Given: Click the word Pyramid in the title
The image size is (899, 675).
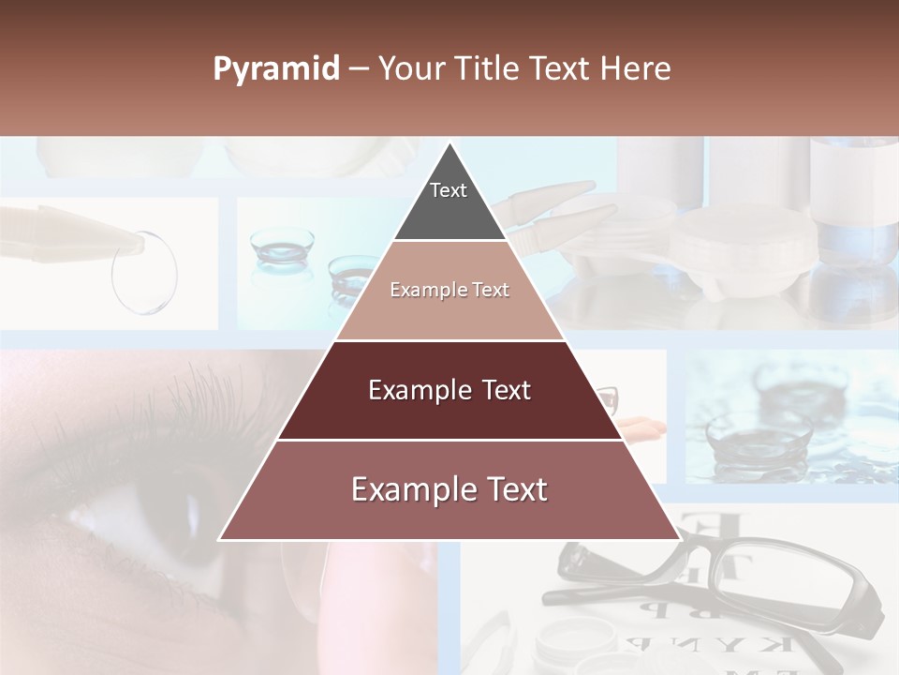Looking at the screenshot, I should pyautogui.click(x=275, y=69).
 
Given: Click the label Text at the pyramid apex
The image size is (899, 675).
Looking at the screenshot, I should pyautogui.click(x=449, y=190).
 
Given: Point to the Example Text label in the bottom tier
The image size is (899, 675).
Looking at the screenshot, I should pyautogui.click(x=449, y=489).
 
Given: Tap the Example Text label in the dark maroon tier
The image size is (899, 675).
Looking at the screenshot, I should pyautogui.click(x=449, y=390).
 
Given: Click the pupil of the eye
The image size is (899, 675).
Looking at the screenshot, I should pyautogui.click(x=192, y=511).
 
